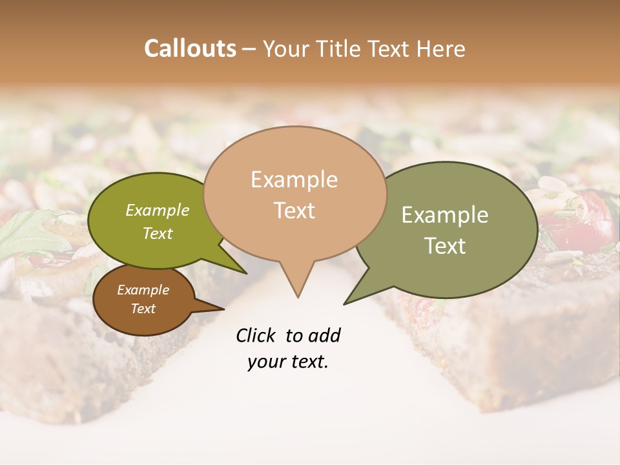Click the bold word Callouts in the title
click(x=190, y=48)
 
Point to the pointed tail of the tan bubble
click(x=297, y=287)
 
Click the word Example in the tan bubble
click(x=294, y=180)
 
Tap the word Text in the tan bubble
click(x=294, y=211)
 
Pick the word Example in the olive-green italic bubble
click(x=158, y=211)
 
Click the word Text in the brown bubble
click(x=143, y=309)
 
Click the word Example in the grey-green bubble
click(x=445, y=215)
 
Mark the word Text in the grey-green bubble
click(x=445, y=246)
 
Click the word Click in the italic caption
click(x=257, y=335)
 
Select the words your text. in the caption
click(x=288, y=362)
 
